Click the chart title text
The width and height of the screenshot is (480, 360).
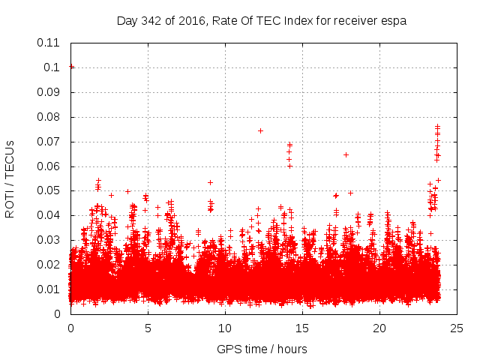(262, 21)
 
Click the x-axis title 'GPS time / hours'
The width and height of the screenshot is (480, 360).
(262, 349)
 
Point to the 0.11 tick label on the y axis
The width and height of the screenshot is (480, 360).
(49, 43)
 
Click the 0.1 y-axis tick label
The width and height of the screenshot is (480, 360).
(52, 67)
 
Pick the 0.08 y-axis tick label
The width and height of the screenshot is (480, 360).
(49, 117)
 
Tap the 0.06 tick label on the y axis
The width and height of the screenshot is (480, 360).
(49, 166)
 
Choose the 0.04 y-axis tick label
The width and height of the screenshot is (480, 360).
(49, 215)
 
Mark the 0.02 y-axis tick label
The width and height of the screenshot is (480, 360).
(49, 265)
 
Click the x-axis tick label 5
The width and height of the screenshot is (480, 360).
(148, 328)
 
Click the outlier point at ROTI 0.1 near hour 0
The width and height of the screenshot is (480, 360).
(71, 67)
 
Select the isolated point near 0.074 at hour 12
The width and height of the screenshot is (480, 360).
(260, 130)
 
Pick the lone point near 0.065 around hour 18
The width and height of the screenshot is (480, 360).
(346, 154)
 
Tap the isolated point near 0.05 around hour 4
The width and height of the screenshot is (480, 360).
(127, 191)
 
